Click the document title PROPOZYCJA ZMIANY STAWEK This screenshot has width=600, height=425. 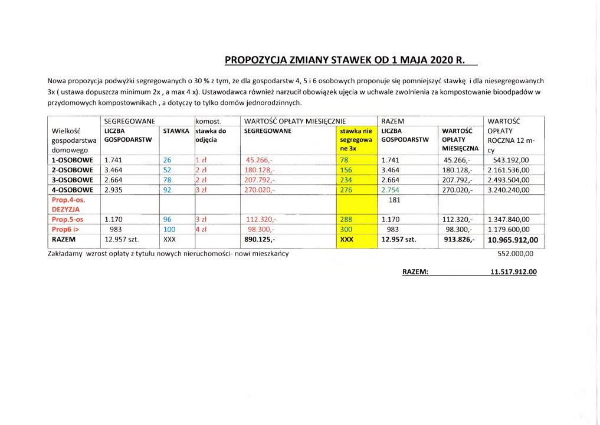[345, 60]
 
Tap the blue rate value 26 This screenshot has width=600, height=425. [166, 160]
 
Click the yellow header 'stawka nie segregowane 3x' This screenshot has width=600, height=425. [356, 140]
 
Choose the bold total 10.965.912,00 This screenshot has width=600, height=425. [512, 240]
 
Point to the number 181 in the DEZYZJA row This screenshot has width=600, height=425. [395, 200]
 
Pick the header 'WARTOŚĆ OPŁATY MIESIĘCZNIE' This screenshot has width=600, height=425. [286, 121]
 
